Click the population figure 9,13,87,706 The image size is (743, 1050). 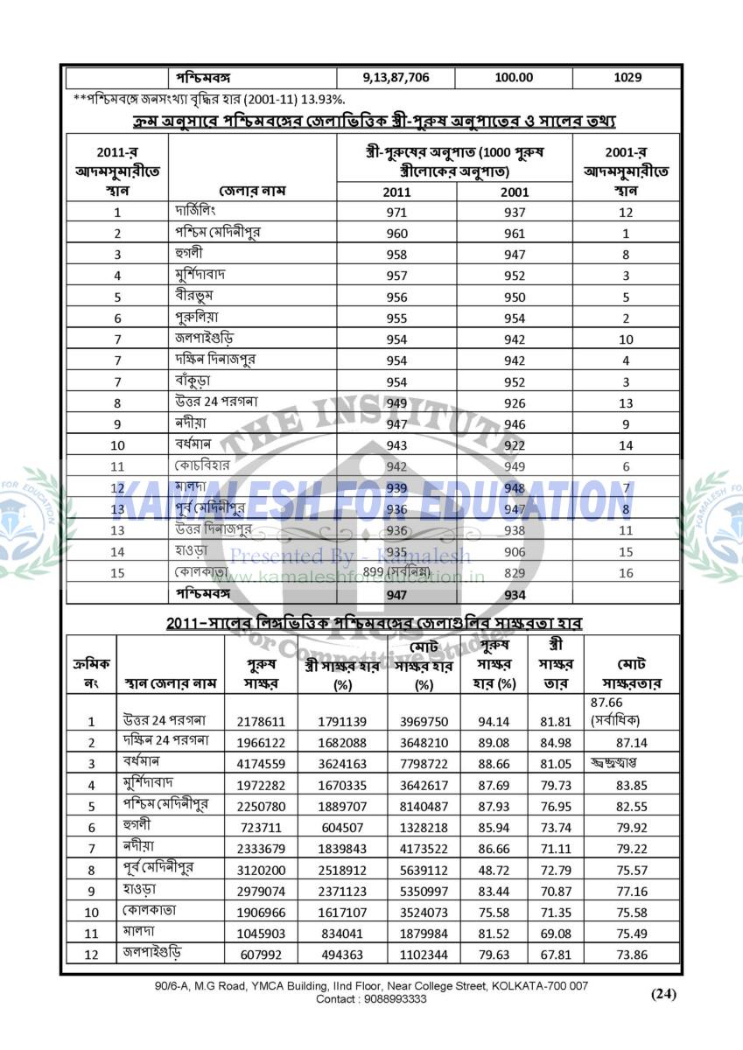point(396,77)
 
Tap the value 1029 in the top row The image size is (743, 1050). point(627,77)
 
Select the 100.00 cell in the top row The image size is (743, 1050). point(514,77)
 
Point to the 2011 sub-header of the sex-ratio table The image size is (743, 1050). point(397,192)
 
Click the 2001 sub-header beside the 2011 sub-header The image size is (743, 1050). point(514,192)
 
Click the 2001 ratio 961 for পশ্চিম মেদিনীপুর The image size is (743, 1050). point(514,234)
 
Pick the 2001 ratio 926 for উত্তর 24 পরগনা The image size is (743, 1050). point(514,403)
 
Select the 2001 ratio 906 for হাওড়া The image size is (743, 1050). point(514,551)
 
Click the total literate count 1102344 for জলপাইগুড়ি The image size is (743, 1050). point(424,954)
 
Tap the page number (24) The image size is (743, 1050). point(663,993)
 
